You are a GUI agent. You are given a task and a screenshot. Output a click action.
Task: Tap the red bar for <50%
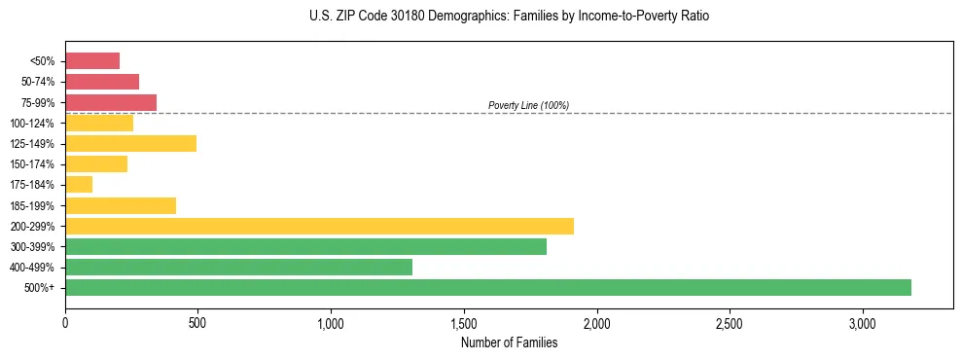coord(92,61)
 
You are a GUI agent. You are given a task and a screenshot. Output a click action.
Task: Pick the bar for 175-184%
coord(79,185)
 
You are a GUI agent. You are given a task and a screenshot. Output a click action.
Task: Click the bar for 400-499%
coord(238,267)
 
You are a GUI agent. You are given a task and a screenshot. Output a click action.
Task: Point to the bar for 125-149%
coord(130,144)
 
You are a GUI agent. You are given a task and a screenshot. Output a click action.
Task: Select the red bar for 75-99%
coord(111,102)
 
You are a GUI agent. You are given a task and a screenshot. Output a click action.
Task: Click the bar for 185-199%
coord(121,205)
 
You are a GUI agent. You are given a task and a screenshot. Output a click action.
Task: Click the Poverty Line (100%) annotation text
coord(528,105)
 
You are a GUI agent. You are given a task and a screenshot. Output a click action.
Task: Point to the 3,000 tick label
coord(862,323)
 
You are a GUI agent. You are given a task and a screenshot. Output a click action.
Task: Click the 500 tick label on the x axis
coord(197,323)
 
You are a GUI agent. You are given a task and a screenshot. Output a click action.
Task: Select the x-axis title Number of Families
coord(509,342)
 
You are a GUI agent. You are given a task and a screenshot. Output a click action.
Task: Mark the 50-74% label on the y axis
coord(39,82)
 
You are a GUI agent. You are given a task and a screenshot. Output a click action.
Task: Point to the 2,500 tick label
coord(729,323)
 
